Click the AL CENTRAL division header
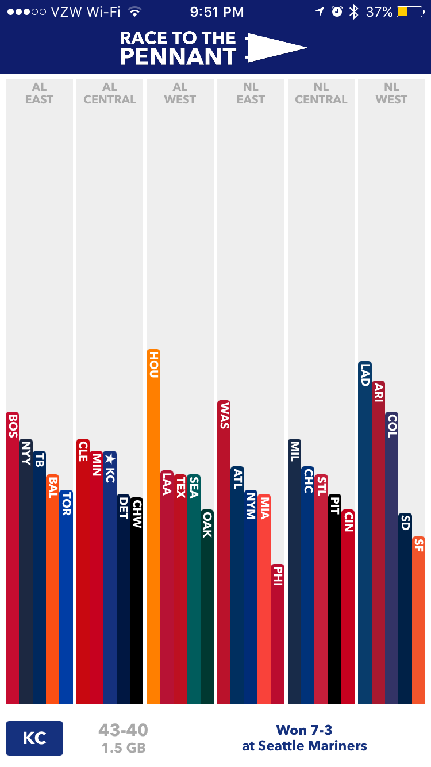tap(110, 94)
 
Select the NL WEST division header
tap(391, 94)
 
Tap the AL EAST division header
tap(39, 94)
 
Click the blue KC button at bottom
tap(34, 738)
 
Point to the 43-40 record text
tap(123, 731)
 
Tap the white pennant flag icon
tap(276, 48)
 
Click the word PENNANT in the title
tap(178, 57)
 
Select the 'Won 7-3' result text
tap(304, 730)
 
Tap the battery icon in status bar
tap(409, 12)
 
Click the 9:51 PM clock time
tap(217, 12)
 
